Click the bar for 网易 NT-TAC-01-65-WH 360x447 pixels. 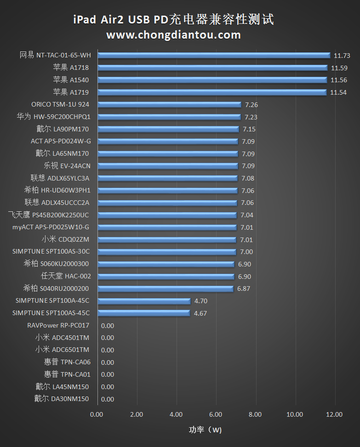tap(214, 55)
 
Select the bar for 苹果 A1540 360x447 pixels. tap(212, 80)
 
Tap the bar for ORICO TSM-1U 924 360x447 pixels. tap(169, 105)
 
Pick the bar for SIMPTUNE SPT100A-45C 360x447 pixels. tap(144, 301)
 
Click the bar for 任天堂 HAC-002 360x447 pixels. tap(166, 277)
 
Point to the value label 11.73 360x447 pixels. tap(342, 56)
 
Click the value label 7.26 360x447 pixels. tap(251, 105)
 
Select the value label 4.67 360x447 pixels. tap(200, 313)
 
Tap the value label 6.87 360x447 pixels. tap(244, 289)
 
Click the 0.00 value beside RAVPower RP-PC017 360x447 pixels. tap(107, 326)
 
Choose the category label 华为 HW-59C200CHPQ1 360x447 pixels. tap(53, 117)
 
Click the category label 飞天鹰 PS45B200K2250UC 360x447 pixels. tap(49, 215)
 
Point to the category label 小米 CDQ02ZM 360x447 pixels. tap(66, 239)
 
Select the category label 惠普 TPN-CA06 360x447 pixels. tap(67, 362)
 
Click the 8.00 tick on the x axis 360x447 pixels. tap(255, 414)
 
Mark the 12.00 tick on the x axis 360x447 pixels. tap(334, 414)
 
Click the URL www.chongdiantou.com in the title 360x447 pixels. tap(174, 35)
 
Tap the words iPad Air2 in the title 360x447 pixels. tap(99, 20)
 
